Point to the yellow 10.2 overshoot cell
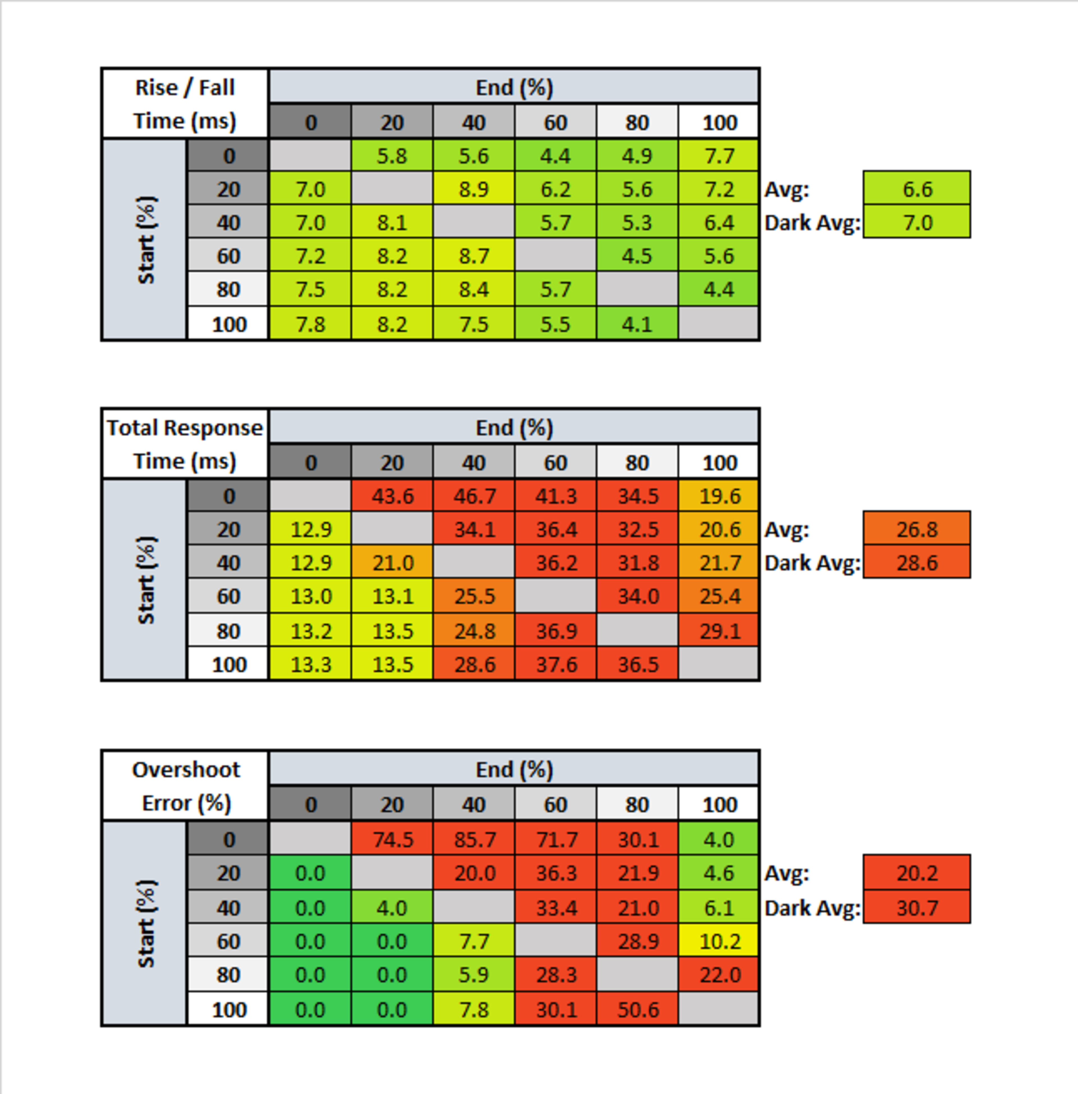pyautogui.click(x=719, y=941)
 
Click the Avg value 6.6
pyautogui.click(x=917, y=189)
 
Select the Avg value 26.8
pyautogui.click(x=917, y=530)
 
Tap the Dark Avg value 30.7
pyautogui.click(x=917, y=908)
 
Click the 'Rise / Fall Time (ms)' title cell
pyautogui.click(x=184, y=104)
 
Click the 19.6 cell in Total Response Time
pyautogui.click(x=719, y=496)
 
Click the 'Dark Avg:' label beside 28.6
pyautogui.click(x=812, y=563)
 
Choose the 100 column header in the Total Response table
pyautogui.click(x=719, y=463)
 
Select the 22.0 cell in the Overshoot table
pyautogui.click(x=719, y=974)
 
